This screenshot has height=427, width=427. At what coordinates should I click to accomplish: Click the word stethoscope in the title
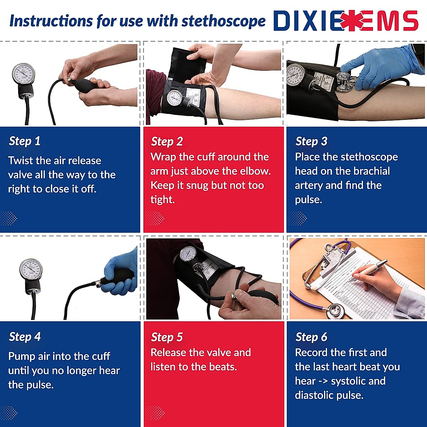223,21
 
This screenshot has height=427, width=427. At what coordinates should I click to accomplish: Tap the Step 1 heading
25,141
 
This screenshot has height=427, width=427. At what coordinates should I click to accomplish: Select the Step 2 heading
167,141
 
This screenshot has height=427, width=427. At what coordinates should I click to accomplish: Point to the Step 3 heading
311,141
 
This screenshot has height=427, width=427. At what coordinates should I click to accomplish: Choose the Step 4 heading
25,337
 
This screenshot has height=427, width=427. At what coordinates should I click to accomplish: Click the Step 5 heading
167,337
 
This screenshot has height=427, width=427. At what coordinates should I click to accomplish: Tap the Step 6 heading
311,337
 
